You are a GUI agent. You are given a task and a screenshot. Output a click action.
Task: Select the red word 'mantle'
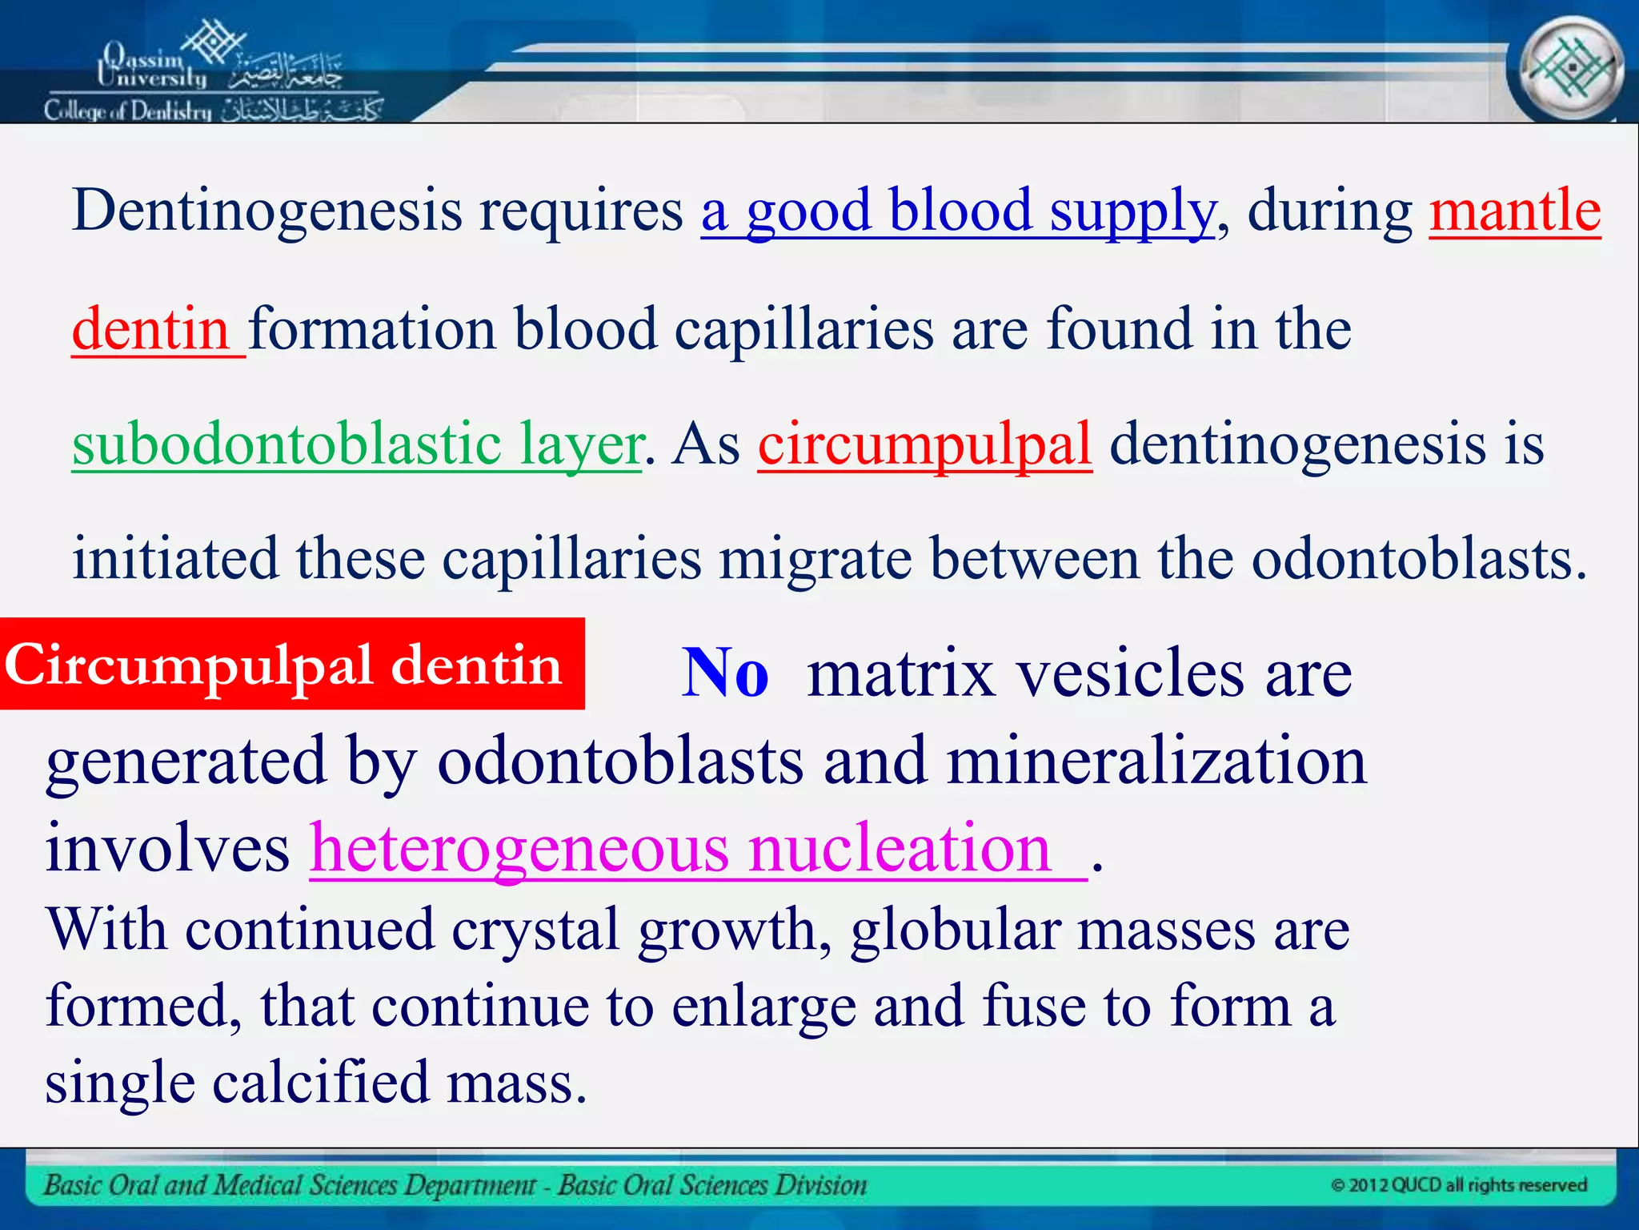coord(1514,210)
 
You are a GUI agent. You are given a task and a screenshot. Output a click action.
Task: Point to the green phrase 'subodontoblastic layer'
coord(357,444)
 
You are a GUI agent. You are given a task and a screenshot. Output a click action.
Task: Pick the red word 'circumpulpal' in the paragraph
coord(924,444)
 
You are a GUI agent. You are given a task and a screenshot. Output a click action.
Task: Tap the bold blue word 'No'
coord(725,673)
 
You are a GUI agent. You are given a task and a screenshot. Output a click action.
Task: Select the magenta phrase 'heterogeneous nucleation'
coord(680,849)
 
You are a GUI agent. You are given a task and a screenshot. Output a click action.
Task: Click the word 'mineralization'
coord(1156,761)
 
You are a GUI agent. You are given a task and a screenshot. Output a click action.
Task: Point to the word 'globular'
coord(954,931)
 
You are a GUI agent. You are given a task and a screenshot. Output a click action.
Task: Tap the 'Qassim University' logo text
coord(152,66)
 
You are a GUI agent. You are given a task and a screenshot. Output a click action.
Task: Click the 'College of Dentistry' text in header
coord(128,111)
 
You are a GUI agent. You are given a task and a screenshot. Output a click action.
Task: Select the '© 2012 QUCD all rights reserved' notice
coord(1458,1185)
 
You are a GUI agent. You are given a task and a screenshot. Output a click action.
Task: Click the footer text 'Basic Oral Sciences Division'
coord(712,1185)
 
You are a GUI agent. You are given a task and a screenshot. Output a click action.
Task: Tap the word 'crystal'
coord(535,931)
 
